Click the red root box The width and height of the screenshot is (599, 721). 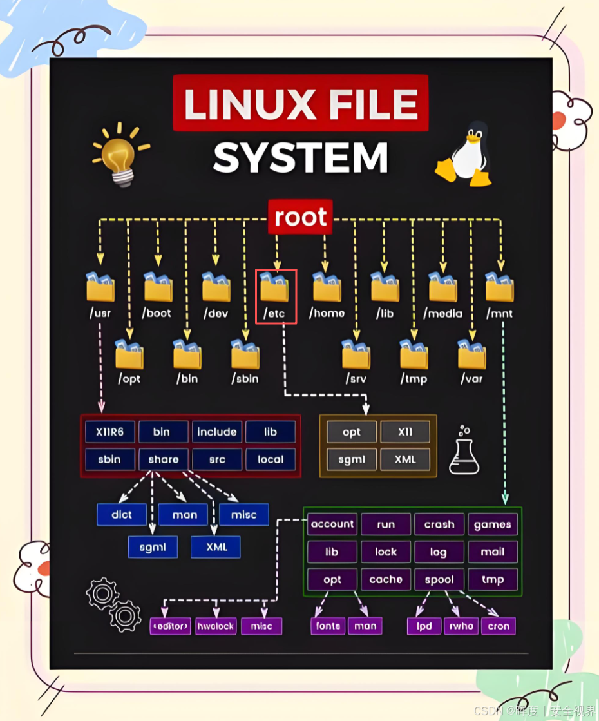click(x=300, y=217)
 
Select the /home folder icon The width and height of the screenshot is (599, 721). click(x=327, y=287)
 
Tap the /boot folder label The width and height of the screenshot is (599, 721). click(x=158, y=313)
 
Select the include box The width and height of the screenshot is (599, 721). click(x=217, y=432)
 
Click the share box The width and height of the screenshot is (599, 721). click(x=164, y=459)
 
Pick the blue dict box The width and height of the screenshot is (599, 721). click(x=121, y=514)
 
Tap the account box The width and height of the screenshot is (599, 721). click(x=332, y=524)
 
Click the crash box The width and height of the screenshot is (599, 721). click(x=439, y=524)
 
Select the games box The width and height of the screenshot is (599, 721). click(x=493, y=524)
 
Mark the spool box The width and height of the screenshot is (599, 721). click(x=439, y=579)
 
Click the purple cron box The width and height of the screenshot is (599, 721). click(x=499, y=626)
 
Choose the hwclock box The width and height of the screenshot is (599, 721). click(x=216, y=626)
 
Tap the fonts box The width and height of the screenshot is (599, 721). click(x=328, y=626)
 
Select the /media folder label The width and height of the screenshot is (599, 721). click(x=443, y=313)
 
